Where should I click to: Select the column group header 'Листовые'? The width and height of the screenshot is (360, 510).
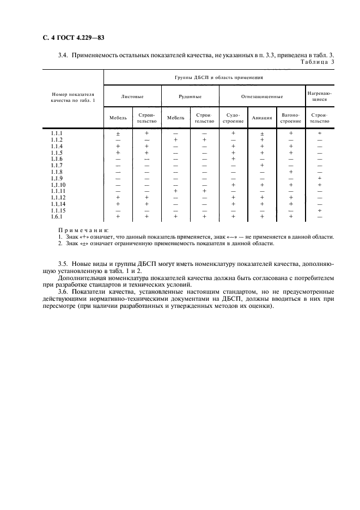pyautogui.click(x=132, y=97)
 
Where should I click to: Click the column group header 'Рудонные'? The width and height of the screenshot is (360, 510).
pyautogui.click(x=190, y=97)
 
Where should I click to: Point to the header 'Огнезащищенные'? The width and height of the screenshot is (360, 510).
pyautogui.click(x=262, y=97)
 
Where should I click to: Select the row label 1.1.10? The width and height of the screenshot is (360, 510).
pyautogui.click(x=58, y=185)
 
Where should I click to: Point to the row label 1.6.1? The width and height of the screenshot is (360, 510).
pyautogui.click(x=57, y=216)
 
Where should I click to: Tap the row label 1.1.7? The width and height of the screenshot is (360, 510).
pyautogui.click(x=57, y=165)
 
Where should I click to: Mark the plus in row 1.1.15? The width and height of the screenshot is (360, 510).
pyautogui.click(x=320, y=210)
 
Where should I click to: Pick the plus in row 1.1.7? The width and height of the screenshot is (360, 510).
pyautogui.click(x=262, y=165)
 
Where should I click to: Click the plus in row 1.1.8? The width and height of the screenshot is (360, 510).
pyautogui.click(x=291, y=172)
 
